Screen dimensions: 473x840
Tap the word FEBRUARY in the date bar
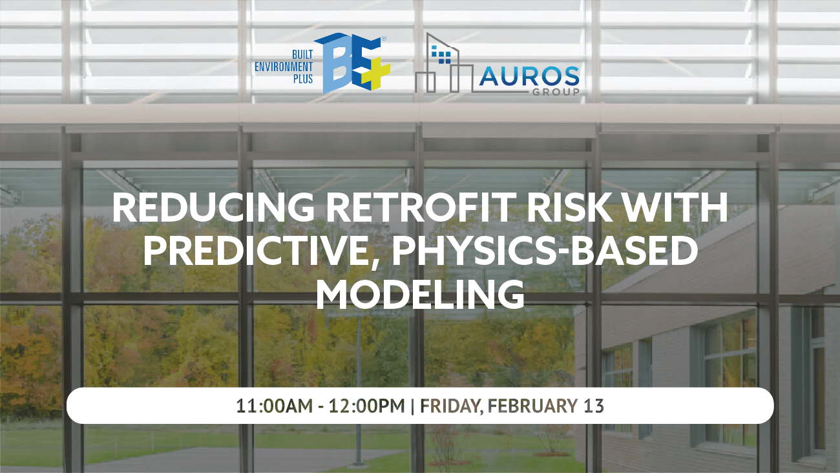point(532,406)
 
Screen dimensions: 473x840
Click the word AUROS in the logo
point(529,78)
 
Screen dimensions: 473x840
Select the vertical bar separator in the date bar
point(412,406)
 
